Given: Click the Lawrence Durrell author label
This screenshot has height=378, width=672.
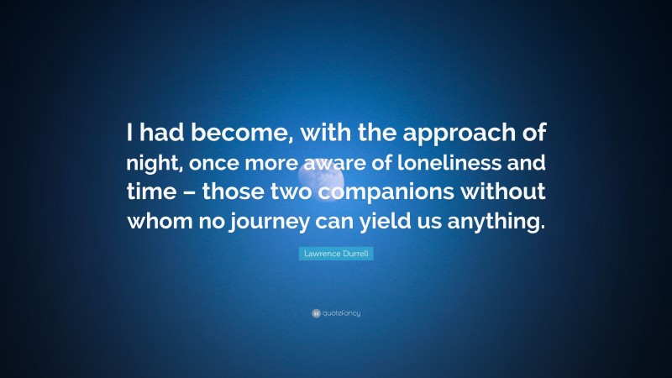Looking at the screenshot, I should pos(336,253).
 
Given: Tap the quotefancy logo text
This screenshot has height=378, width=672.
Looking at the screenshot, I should pos(341,313).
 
